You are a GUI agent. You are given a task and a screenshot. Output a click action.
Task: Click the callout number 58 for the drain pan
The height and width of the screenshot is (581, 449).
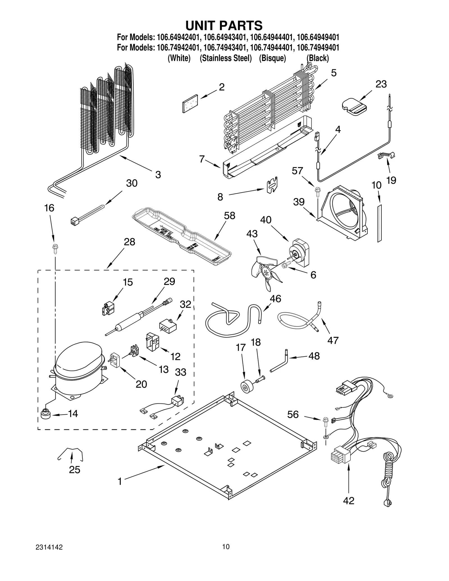[x=229, y=215]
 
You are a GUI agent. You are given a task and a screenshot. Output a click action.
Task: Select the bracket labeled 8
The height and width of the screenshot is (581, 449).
[x=272, y=185]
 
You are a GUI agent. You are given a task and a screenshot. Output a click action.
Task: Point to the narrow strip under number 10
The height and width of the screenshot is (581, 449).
[x=379, y=223]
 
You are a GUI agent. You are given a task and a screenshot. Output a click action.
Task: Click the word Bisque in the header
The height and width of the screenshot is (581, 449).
[x=272, y=58]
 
